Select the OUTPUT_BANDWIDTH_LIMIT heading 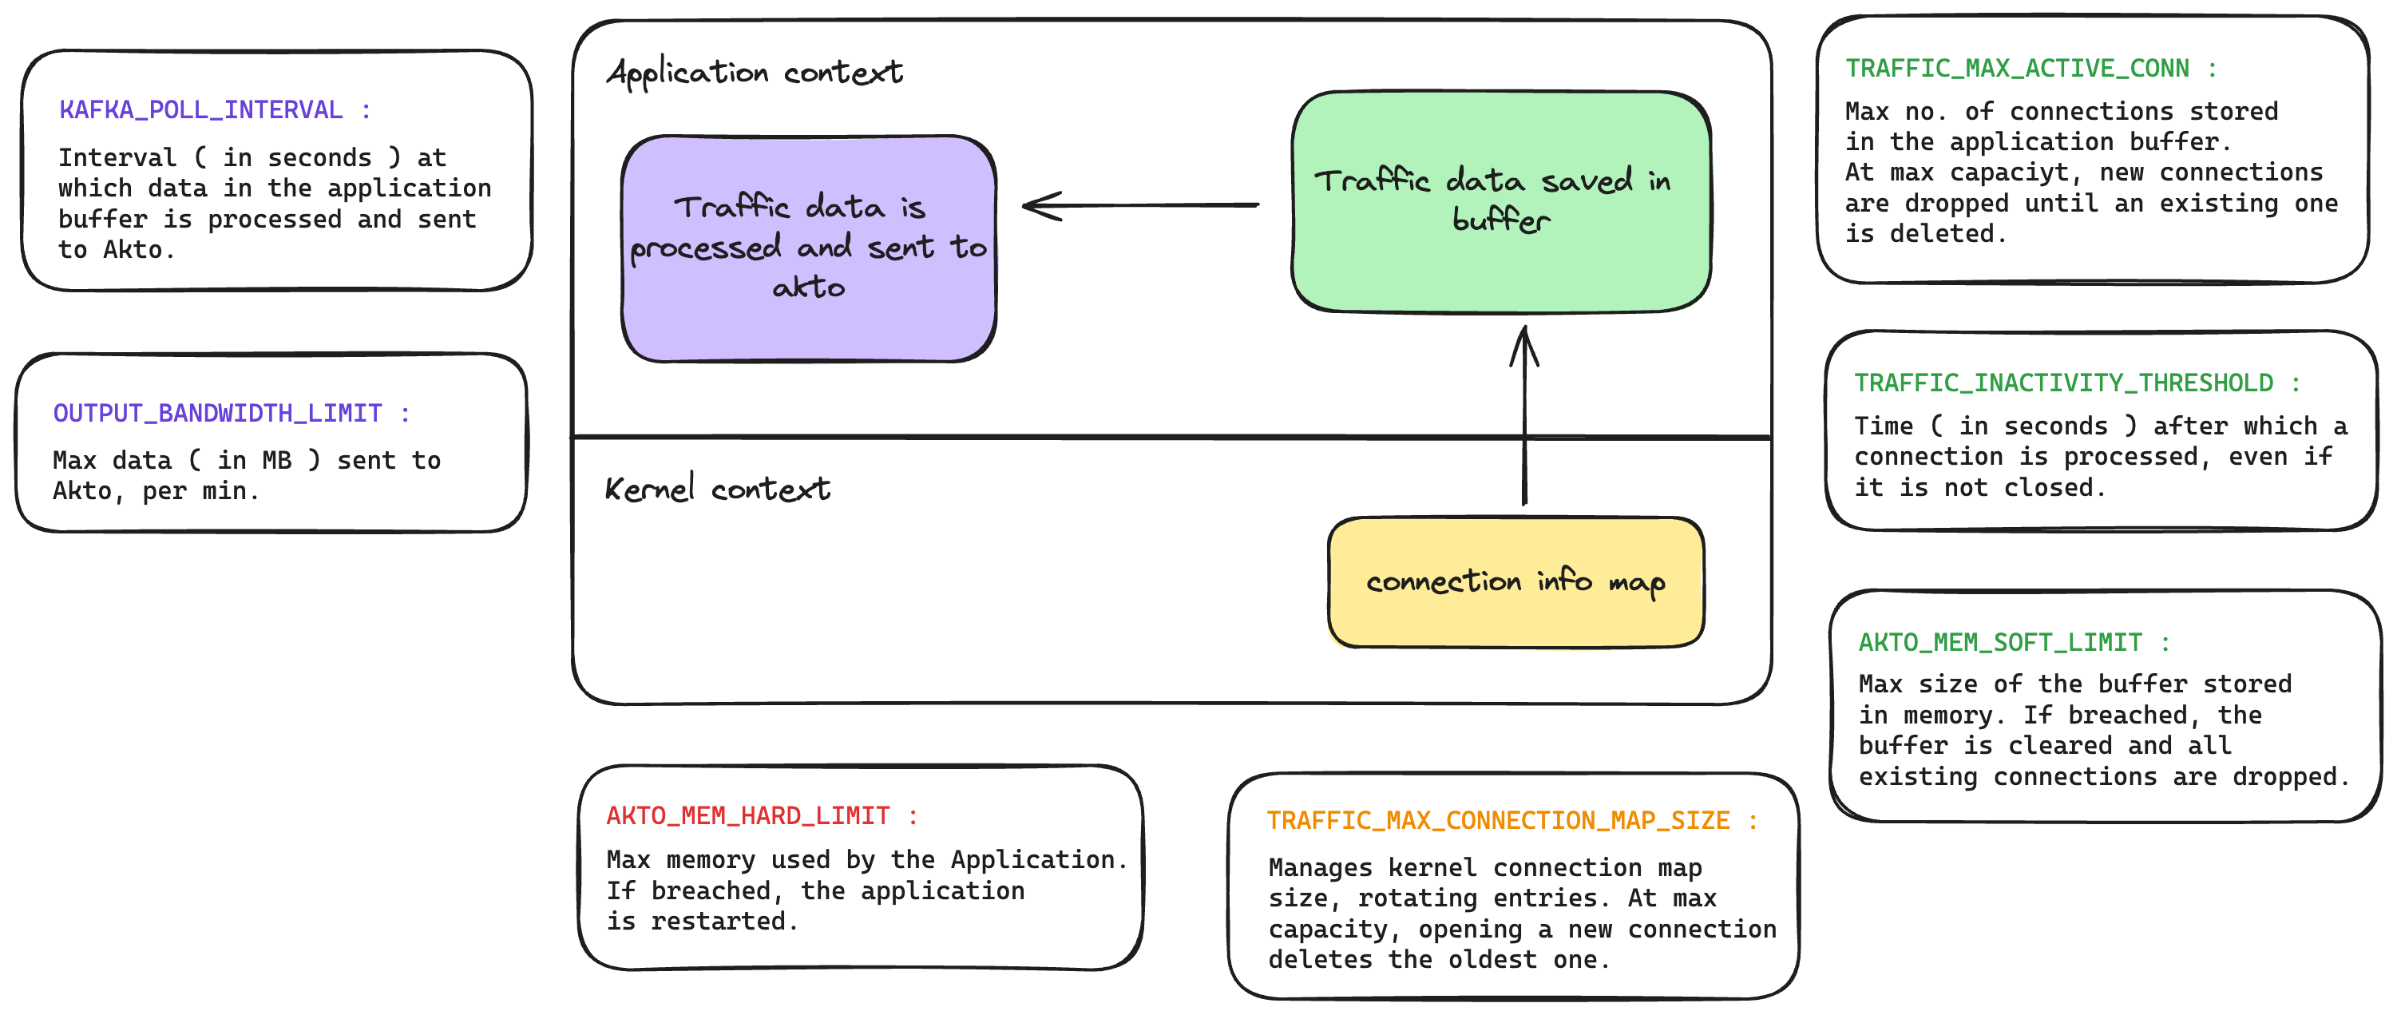[218, 413]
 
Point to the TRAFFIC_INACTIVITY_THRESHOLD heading [2063, 383]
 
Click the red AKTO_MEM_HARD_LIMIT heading [748, 816]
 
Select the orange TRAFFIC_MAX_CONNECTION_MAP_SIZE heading [1497, 821]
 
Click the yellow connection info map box [1515, 582]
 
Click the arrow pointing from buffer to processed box [1140, 205]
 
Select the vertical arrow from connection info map [1523, 418]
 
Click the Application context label [754, 73]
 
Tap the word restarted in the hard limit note [718, 921]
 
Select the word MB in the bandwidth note [276, 460]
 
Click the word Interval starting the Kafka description [117, 157]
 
